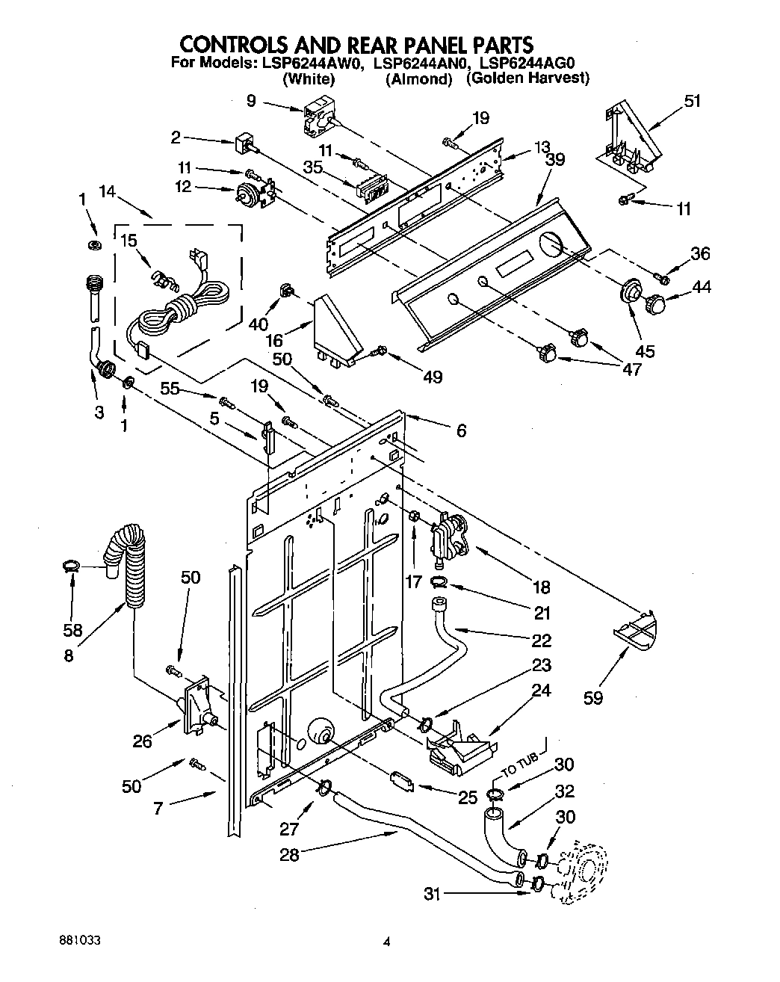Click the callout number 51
pos(693,100)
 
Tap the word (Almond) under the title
pos(419,78)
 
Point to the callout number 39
pos(554,159)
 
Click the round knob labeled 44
pos(655,303)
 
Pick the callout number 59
pos(594,698)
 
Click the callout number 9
pos(250,99)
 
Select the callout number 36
pos(699,253)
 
